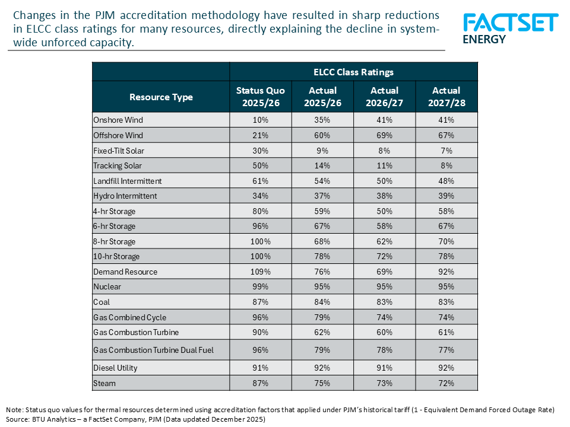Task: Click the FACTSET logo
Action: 510,23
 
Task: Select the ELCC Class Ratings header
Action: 353,72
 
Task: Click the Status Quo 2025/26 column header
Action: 261,96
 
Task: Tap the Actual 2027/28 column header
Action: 446,96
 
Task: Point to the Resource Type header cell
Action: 161,97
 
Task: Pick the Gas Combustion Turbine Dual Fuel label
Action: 153,350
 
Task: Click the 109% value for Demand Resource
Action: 261,272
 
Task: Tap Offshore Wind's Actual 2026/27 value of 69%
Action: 384,135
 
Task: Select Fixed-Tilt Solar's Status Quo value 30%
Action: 261,151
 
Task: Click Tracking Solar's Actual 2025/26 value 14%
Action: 322,165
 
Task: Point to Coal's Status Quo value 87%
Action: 261,302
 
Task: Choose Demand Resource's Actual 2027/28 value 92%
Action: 446,272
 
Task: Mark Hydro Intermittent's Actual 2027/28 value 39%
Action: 446,196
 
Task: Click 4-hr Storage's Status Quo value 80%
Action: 261,211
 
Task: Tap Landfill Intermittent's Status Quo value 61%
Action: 261,181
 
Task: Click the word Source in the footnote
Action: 17,419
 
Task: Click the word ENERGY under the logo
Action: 484,40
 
